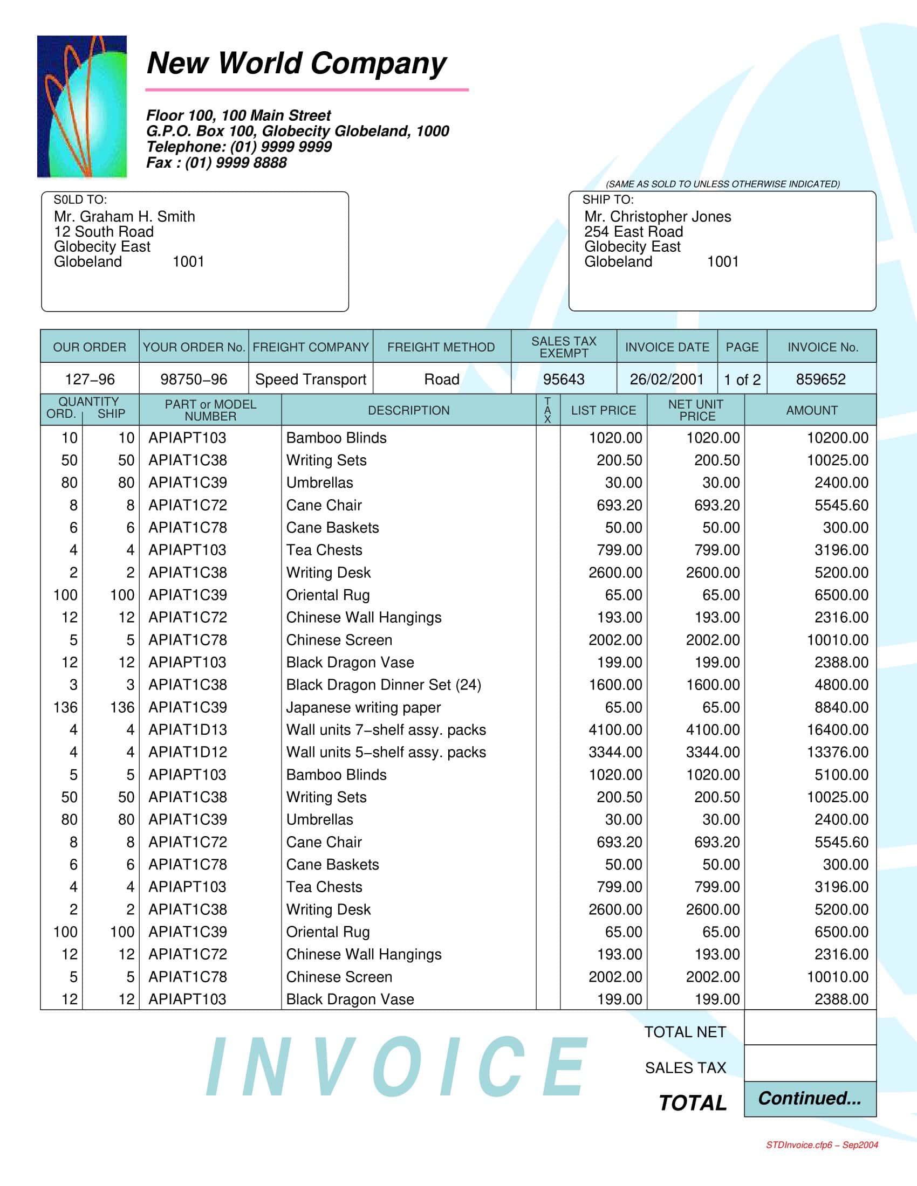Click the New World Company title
[296, 64]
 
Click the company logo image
[82, 106]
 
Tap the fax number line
[216, 162]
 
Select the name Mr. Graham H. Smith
[124, 217]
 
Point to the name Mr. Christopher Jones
[658, 217]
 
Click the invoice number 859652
[820, 379]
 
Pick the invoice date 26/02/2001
[667, 379]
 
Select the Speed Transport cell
[311, 379]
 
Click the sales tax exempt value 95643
[563, 379]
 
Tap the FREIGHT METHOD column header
[441, 347]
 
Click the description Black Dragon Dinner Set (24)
[384, 685]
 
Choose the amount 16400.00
[837, 730]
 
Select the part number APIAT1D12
[187, 752]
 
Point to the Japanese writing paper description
[364, 708]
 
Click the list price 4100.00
[615, 730]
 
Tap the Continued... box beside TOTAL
[810, 1099]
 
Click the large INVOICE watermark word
[396, 1067]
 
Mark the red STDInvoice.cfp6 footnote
[822, 1145]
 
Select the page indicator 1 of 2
[742, 380]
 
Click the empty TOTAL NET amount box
[810, 1028]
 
